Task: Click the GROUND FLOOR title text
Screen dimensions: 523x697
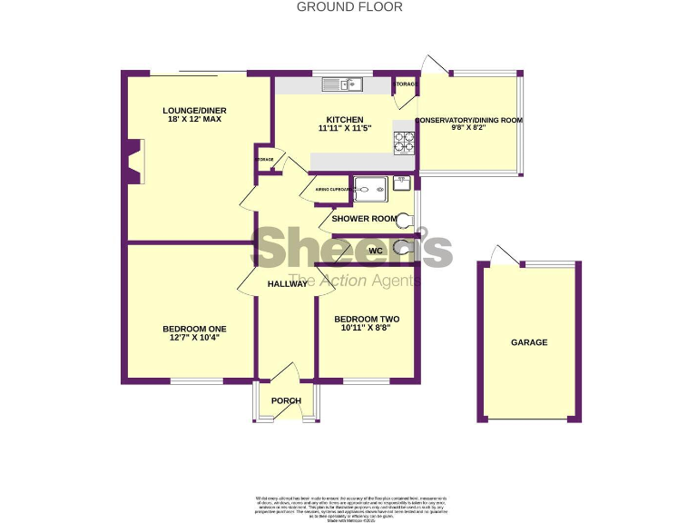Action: click(x=348, y=6)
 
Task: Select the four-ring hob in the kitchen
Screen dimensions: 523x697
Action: click(x=404, y=142)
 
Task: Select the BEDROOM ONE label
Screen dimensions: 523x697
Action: click(x=194, y=329)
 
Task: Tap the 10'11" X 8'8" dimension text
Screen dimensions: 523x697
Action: click(x=367, y=330)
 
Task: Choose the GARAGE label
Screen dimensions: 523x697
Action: click(x=529, y=342)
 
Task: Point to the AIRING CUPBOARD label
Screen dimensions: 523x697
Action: click(x=332, y=190)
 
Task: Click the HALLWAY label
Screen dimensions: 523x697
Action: click(x=287, y=284)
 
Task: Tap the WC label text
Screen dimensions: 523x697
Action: click(x=375, y=251)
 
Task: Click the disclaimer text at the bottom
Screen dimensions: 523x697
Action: click(x=350, y=505)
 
